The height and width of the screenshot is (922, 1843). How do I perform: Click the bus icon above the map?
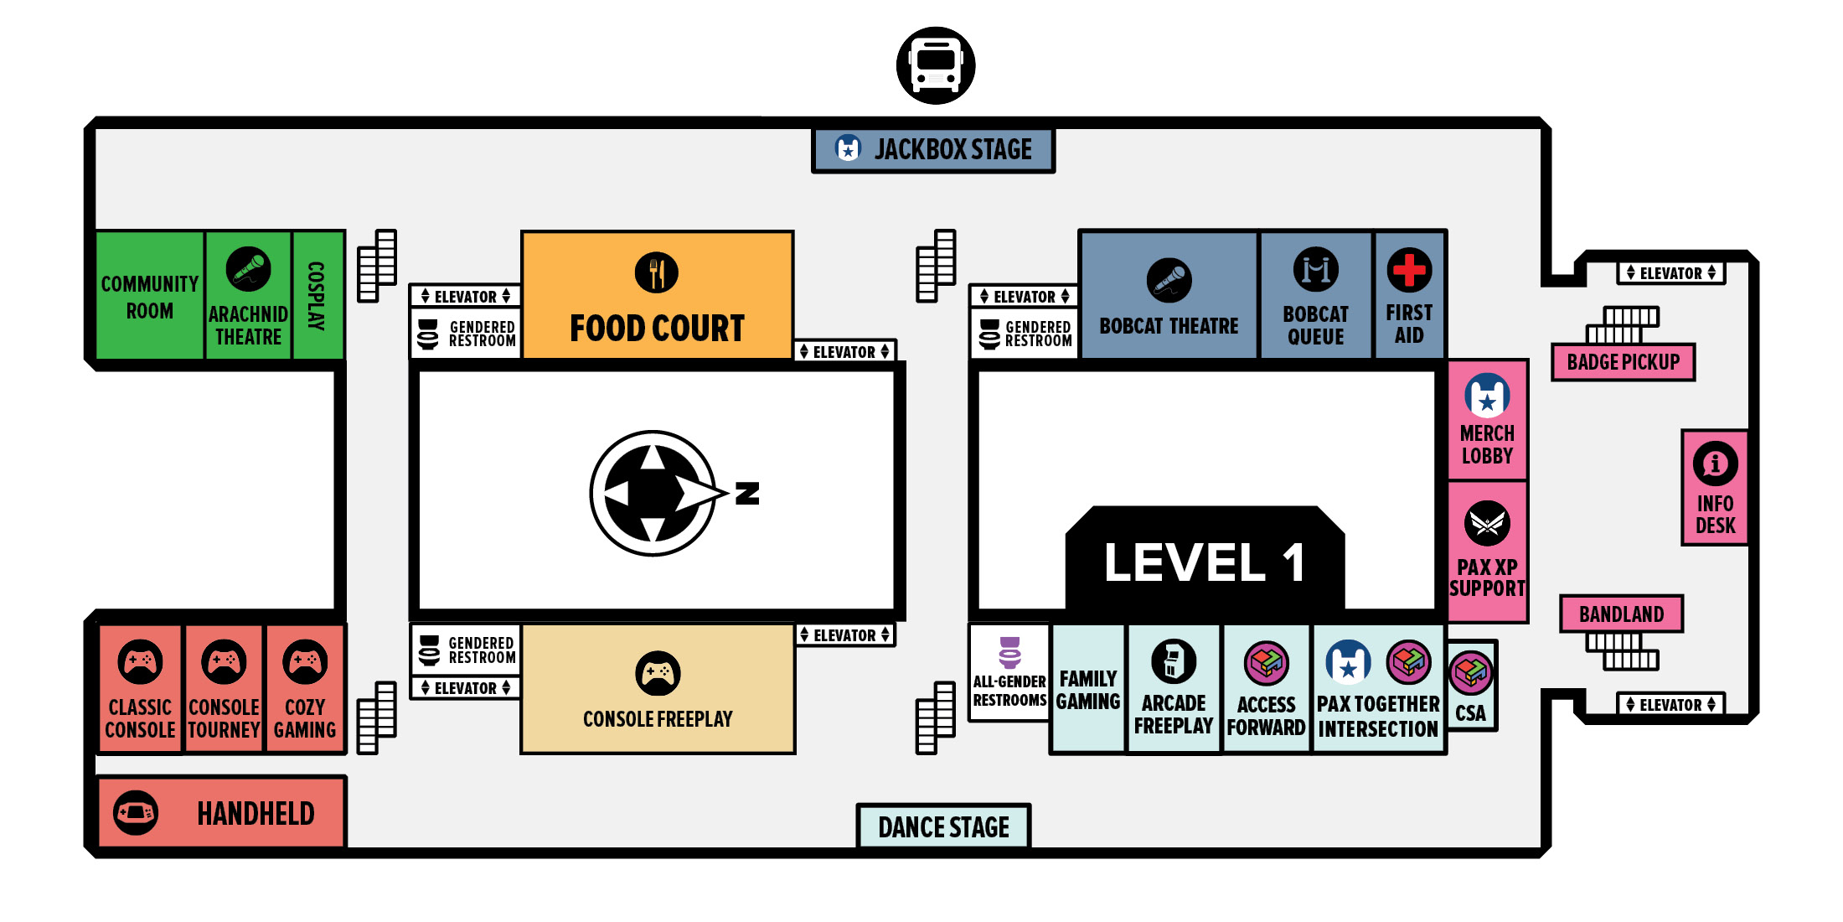click(935, 65)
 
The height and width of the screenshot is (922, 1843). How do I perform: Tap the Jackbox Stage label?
click(952, 150)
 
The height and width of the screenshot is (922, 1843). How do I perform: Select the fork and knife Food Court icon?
click(657, 272)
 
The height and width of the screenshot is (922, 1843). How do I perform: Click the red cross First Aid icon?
click(1409, 270)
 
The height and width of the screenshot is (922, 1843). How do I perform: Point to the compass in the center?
click(653, 493)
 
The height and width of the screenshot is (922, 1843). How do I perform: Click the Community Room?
click(150, 297)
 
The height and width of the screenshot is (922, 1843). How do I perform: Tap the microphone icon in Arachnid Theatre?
click(248, 269)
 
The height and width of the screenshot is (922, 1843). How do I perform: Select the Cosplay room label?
click(317, 295)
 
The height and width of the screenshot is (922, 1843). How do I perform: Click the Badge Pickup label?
click(1623, 362)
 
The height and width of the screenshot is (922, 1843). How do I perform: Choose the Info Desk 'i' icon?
click(1715, 464)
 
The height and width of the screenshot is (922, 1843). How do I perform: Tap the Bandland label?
click(1621, 614)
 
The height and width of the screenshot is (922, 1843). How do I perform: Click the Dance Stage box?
click(943, 827)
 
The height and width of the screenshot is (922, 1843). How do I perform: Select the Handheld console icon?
click(136, 812)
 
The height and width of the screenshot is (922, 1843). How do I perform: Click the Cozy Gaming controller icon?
click(305, 662)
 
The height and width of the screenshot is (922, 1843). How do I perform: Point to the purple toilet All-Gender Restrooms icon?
click(1009, 653)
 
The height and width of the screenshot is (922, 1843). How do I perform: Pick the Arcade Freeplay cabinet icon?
click(1173, 660)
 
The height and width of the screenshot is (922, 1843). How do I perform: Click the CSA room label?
click(1470, 713)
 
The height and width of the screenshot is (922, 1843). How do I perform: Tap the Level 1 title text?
click(1204, 562)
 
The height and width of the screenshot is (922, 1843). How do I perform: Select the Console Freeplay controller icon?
click(658, 673)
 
